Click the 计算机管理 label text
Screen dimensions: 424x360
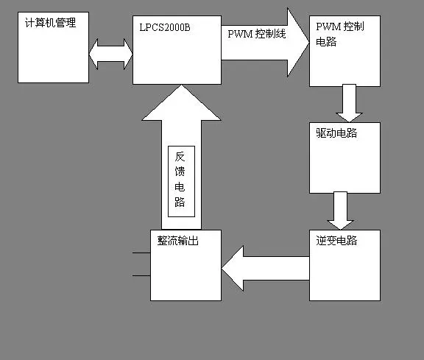[x=50, y=23]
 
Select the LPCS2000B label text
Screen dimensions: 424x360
[x=165, y=27]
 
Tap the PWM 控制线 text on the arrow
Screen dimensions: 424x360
[x=257, y=34]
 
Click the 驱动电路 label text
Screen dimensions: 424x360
[x=336, y=133]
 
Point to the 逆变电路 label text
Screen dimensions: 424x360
[x=336, y=241]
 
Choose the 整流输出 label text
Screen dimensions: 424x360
[x=178, y=241]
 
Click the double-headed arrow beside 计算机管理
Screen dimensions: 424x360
[x=110, y=54]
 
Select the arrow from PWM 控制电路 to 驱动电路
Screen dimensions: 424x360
[x=349, y=103]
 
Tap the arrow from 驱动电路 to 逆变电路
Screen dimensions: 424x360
[x=340, y=211]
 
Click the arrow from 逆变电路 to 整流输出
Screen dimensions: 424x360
[x=265, y=268]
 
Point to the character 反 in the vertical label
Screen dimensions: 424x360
[x=180, y=157]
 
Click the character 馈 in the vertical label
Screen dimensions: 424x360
[x=180, y=172]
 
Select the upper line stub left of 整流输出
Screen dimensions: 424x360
[x=141, y=253]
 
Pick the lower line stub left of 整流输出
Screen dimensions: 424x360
[x=141, y=275]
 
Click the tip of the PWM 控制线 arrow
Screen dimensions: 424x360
[x=309, y=42]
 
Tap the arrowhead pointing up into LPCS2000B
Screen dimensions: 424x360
[x=181, y=103]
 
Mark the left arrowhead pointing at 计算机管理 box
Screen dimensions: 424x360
[x=93, y=54]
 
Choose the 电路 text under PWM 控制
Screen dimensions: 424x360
[x=326, y=42]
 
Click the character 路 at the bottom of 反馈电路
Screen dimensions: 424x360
[x=180, y=202]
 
